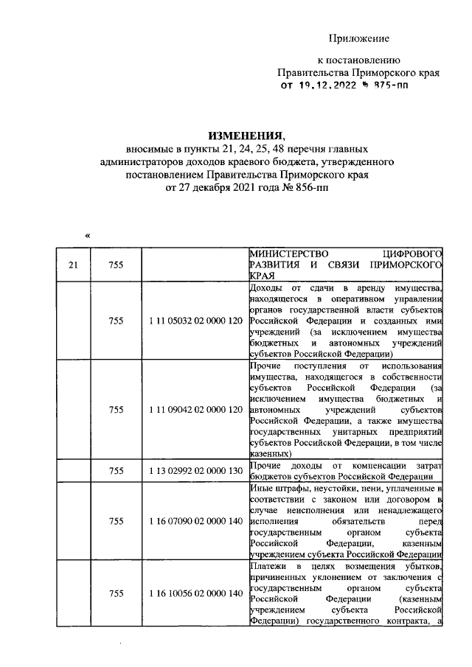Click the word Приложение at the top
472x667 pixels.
(x=358, y=38)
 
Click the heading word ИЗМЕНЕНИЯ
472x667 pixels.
(x=246, y=136)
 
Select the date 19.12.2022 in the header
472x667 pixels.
(x=327, y=86)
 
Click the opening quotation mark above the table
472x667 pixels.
(x=87, y=236)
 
